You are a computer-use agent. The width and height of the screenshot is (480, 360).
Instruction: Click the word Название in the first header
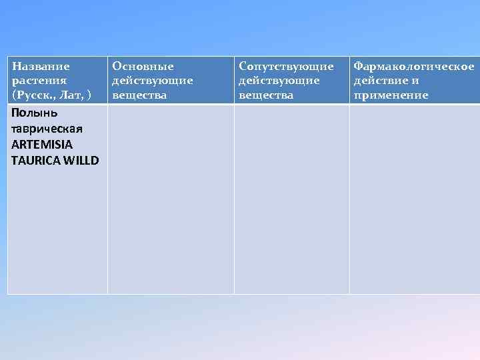click(x=41, y=67)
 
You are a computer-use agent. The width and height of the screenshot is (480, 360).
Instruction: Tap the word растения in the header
click(x=39, y=81)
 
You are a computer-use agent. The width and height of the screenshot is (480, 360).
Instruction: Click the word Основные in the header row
click(x=143, y=67)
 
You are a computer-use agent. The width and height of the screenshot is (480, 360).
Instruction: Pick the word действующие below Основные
click(x=153, y=81)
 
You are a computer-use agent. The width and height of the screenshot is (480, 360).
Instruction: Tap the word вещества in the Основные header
click(x=139, y=95)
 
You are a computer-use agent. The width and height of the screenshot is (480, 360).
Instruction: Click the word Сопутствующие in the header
click(x=286, y=67)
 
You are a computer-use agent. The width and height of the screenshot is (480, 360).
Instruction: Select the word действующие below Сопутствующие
click(x=279, y=81)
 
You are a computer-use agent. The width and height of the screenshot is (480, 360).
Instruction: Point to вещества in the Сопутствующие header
click(x=266, y=95)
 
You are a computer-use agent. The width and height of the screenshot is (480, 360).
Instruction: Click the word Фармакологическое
click(x=414, y=67)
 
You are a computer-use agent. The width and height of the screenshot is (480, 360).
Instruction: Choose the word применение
click(x=391, y=95)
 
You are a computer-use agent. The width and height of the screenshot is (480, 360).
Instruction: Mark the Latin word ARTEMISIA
click(x=42, y=144)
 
